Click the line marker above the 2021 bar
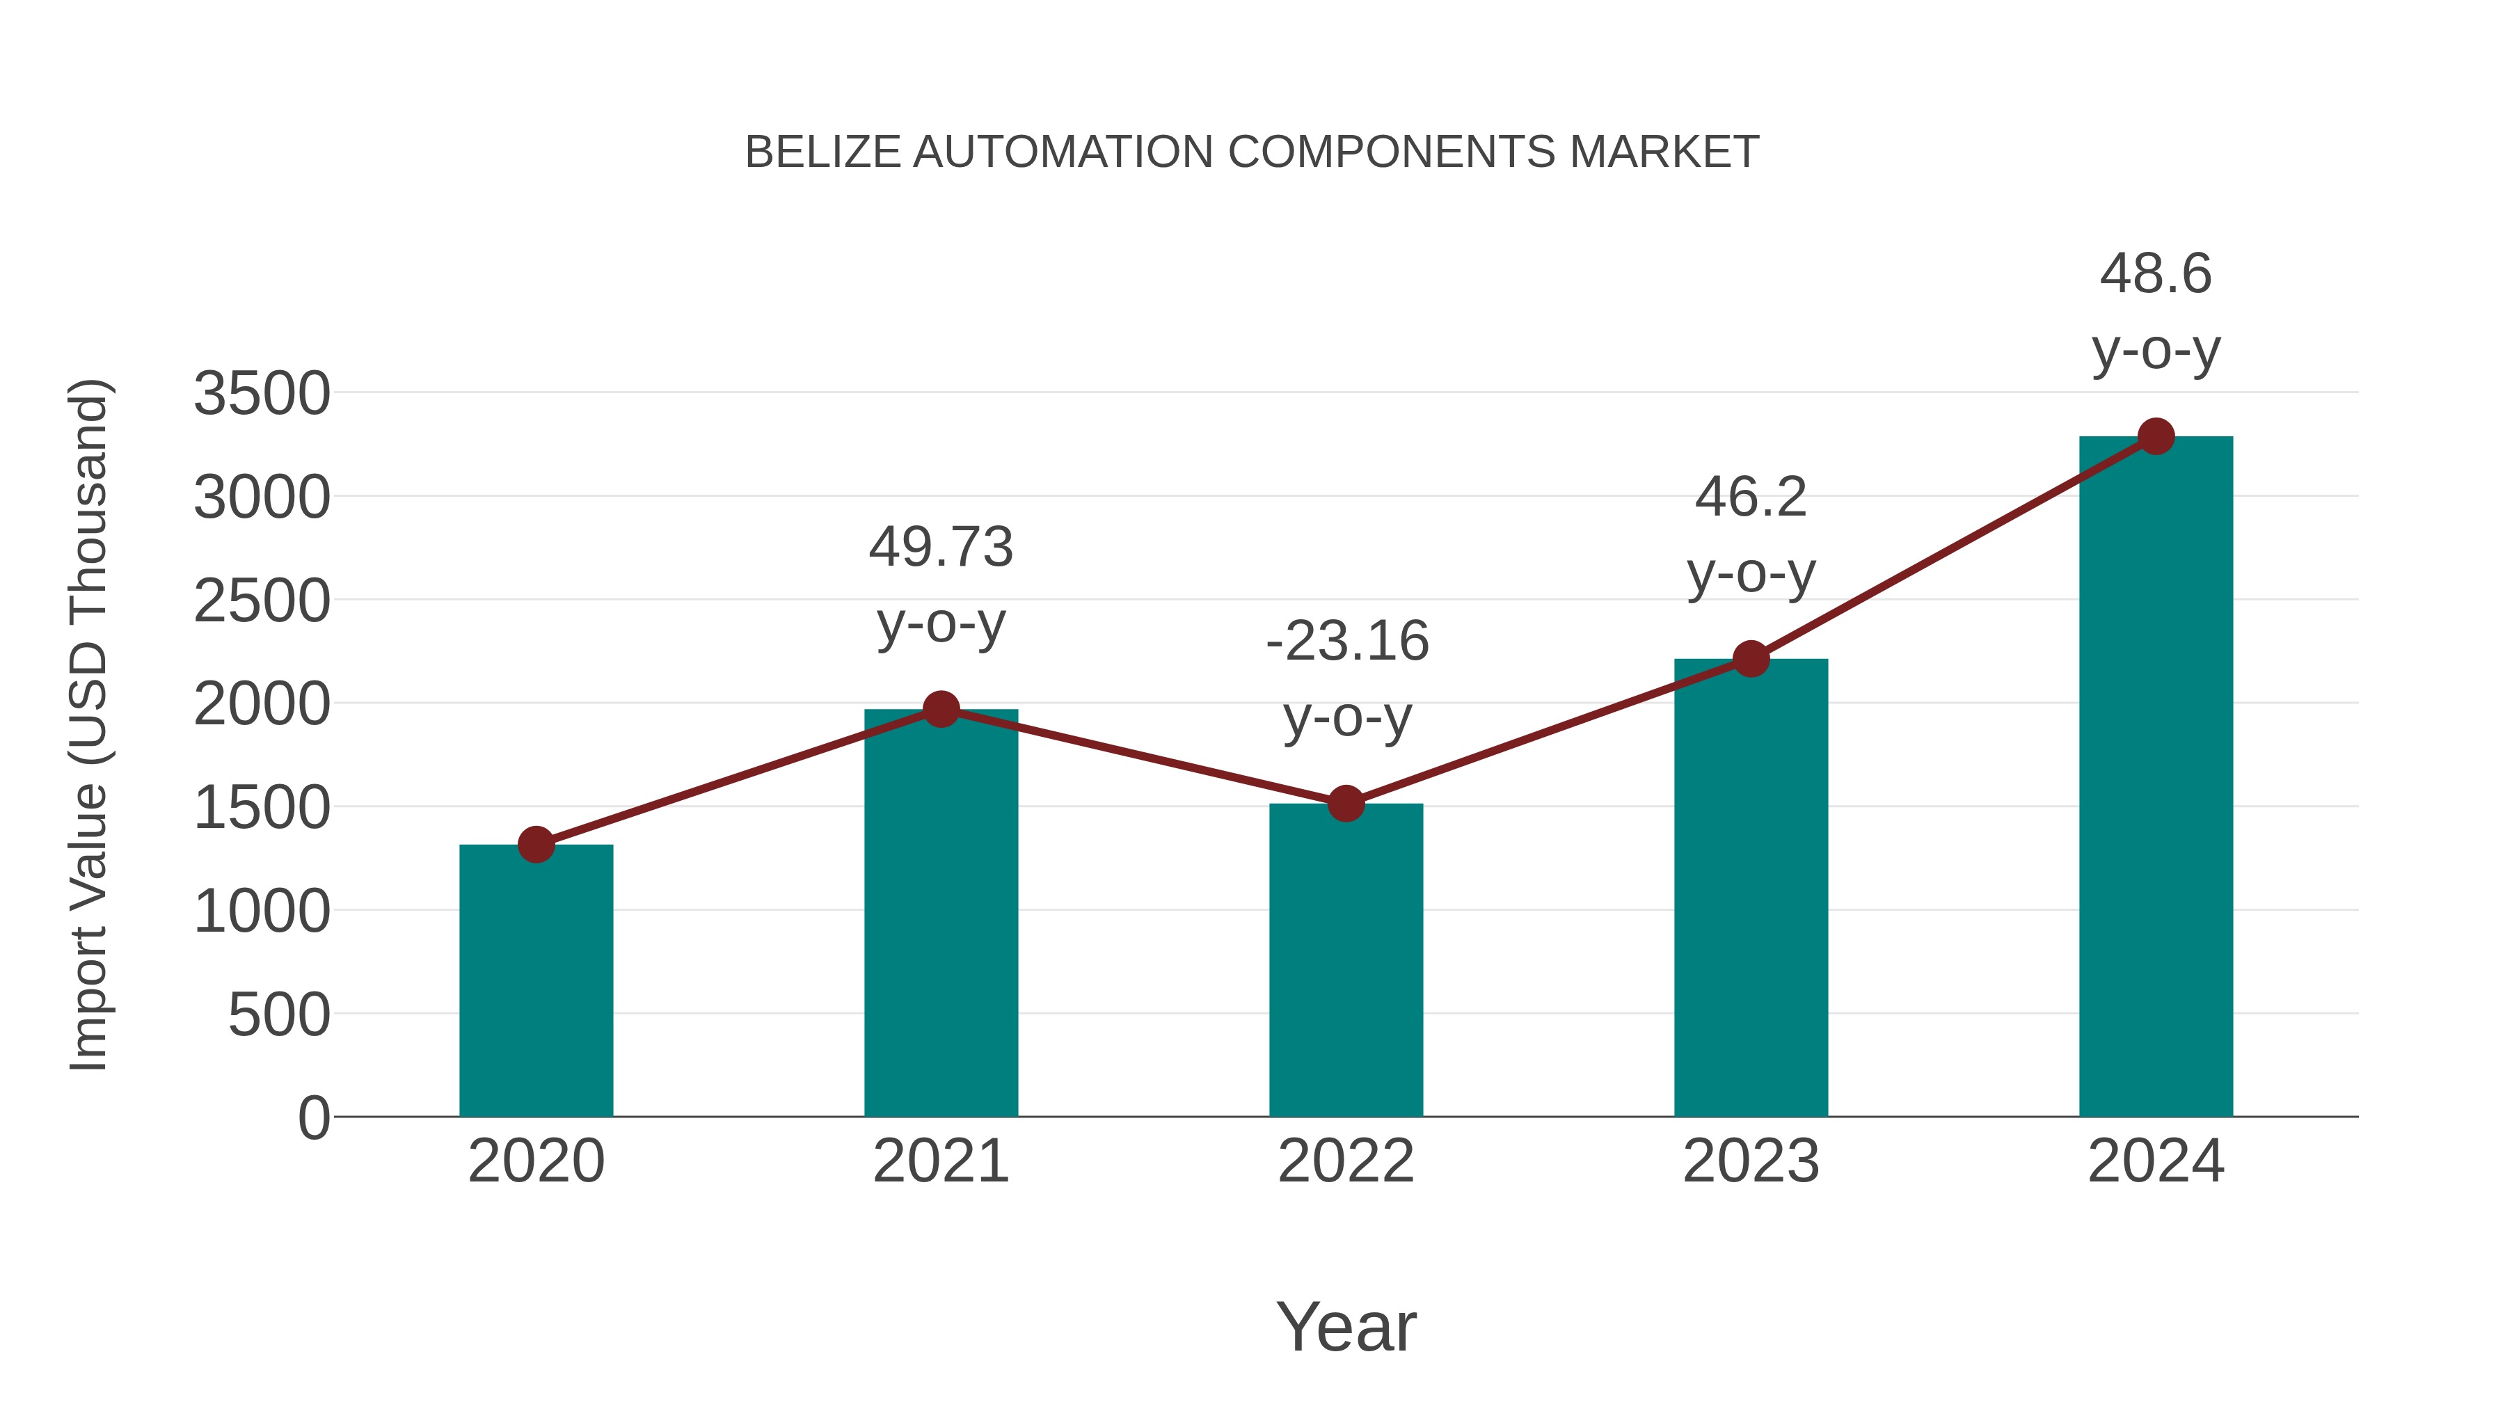coord(940,710)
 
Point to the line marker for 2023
coord(1751,660)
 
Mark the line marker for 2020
coord(536,845)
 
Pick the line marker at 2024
coord(2156,436)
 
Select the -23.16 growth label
coord(1347,642)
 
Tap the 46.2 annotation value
coord(1751,498)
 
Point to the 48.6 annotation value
coord(2156,273)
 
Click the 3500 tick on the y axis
coord(262,394)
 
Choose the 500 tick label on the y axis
coord(279,1015)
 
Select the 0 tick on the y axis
coord(314,1118)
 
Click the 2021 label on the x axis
coord(940,1161)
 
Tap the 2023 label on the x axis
coord(1751,1161)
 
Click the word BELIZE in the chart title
coord(822,152)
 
